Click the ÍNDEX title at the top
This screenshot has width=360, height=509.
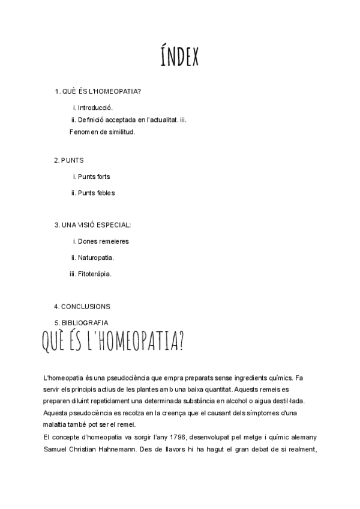(x=179, y=58)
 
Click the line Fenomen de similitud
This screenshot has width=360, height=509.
(x=102, y=131)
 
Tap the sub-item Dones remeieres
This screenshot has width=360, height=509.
(x=103, y=241)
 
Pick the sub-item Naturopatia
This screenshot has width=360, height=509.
(x=95, y=258)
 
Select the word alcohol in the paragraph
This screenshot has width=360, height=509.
(x=228, y=401)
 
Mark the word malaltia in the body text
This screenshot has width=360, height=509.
(x=56, y=424)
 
